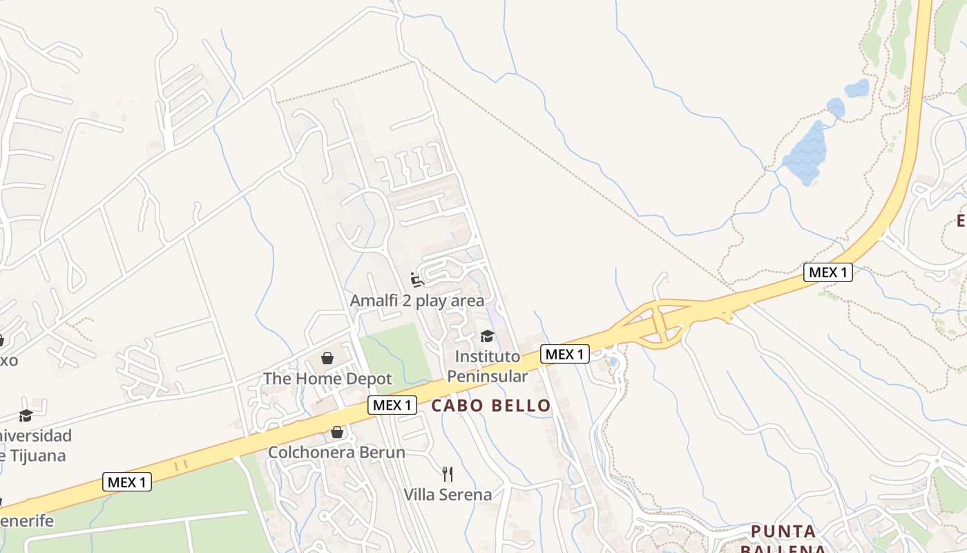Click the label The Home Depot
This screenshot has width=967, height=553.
(327, 379)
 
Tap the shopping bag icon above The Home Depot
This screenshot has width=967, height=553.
(327, 358)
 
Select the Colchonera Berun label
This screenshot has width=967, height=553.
(336, 452)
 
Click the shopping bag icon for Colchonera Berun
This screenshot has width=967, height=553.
(337, 432)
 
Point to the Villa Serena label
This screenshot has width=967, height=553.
(448, 494)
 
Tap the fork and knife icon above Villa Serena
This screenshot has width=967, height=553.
(448, 474)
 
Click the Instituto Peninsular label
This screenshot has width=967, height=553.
(487, 366)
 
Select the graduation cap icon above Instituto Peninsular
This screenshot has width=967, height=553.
(487, 336)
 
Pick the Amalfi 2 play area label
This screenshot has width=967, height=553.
(417, 301)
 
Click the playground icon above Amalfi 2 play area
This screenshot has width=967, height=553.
(417, 280)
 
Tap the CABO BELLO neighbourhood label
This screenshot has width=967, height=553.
(491, 406)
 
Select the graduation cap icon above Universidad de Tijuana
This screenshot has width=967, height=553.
(26, 415)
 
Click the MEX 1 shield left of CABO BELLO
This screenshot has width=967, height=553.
(392, 405)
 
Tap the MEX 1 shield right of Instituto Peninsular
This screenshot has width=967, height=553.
(564, 354)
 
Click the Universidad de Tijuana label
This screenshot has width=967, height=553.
(35, 446)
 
